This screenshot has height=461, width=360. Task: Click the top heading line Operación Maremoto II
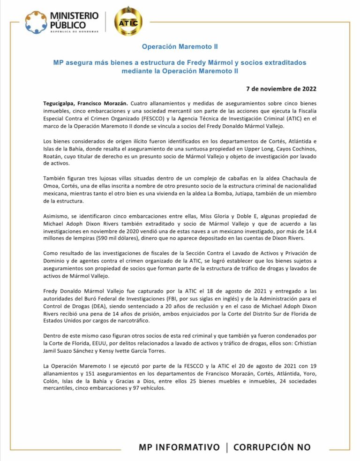click(180, 46)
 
